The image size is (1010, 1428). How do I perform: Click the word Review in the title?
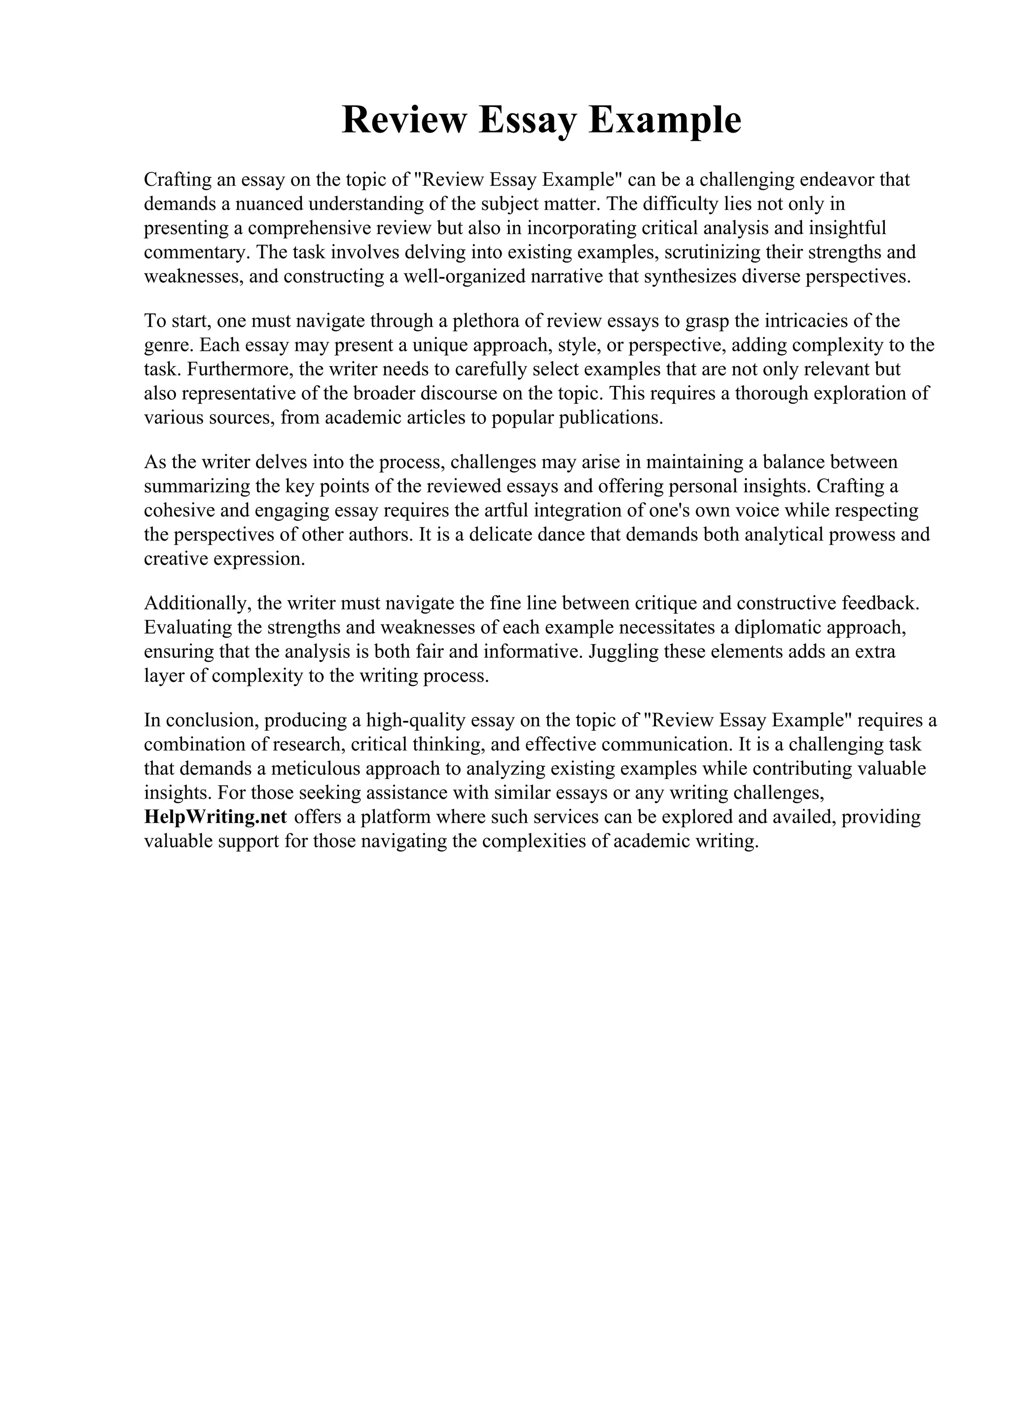tap(404, 120)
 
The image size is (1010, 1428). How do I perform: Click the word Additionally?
tap(197, 603)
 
